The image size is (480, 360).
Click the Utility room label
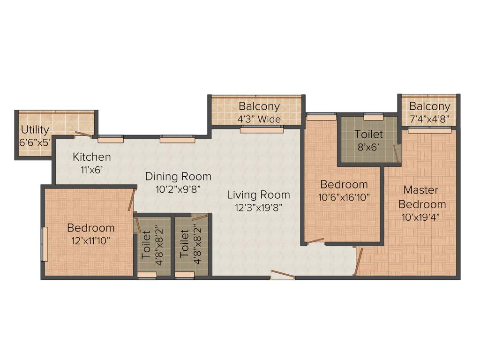coord(35,129)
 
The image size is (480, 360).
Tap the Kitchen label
coord(92,157)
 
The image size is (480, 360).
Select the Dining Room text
coord(178,177)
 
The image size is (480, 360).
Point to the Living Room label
coord(258,195)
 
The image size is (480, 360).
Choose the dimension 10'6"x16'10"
coord(344,197)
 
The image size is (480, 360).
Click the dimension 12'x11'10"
coord(90,240)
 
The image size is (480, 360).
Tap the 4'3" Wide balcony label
coord(259,119)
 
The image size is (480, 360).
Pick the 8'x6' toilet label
coord(368,146)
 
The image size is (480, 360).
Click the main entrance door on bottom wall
coord(283,275)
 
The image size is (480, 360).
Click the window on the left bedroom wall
coord(45,244)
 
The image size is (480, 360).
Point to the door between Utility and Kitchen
coord(83,135)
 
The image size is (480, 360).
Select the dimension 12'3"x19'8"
coord(258,208)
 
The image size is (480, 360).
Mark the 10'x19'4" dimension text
coord(421,217)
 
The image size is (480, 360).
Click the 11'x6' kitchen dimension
coord(92,170)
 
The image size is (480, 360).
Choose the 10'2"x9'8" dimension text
coord(178,189)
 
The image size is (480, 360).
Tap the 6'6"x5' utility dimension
coord(35,142)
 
